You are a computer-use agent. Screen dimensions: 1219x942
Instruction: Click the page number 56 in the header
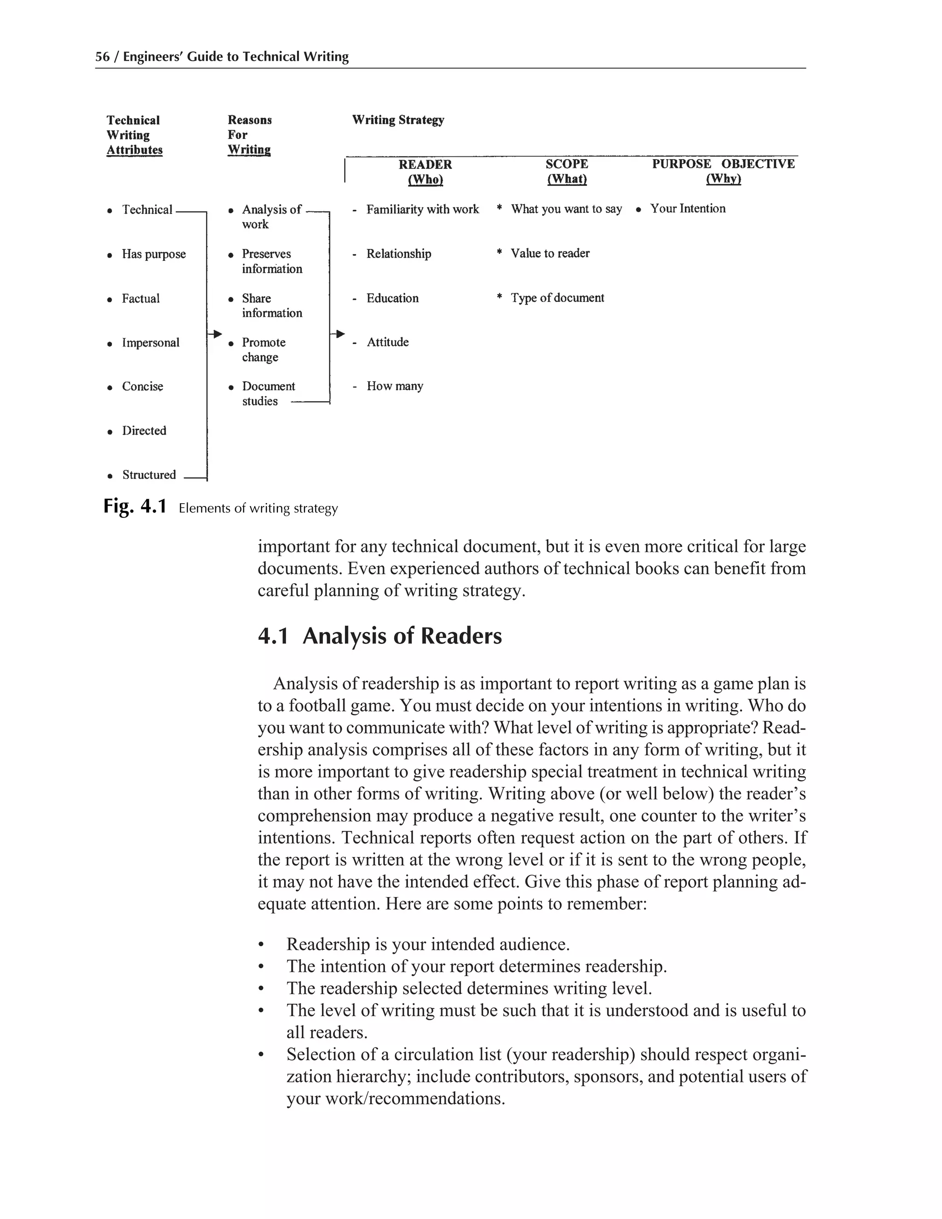pyautogui.click(x=102, y=57)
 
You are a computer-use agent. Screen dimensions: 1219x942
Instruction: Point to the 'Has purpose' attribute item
pyautogui.click(x=154, y=254)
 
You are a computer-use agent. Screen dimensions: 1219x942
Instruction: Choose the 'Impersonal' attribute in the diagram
pyautogui.click(x=151, y=343)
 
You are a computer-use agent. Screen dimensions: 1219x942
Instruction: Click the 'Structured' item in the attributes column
pyautogui.click(x=149, y=475)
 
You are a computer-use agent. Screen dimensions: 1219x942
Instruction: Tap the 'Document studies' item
pyautogui.click(x=268, y=393)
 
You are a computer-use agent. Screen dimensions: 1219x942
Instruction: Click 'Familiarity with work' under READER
pyautogui.click(x=422, y=209)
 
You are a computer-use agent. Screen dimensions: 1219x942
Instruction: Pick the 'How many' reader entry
pyautogui.click(x=395, y=386)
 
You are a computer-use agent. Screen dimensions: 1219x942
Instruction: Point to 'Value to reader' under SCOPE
pyautogui.click(x=550, y=253)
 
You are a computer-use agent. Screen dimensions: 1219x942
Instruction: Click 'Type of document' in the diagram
pyautogui.click(x=557, y=298)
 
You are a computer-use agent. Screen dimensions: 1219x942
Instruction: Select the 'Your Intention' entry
pyautogui.click(x=687, y=209)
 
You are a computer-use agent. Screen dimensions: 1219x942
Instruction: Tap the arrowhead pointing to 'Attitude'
pyautogui.click(x=340, y=334)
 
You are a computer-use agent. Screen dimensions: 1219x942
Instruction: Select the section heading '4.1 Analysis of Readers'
pyautogui.click(x=379, y=636)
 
